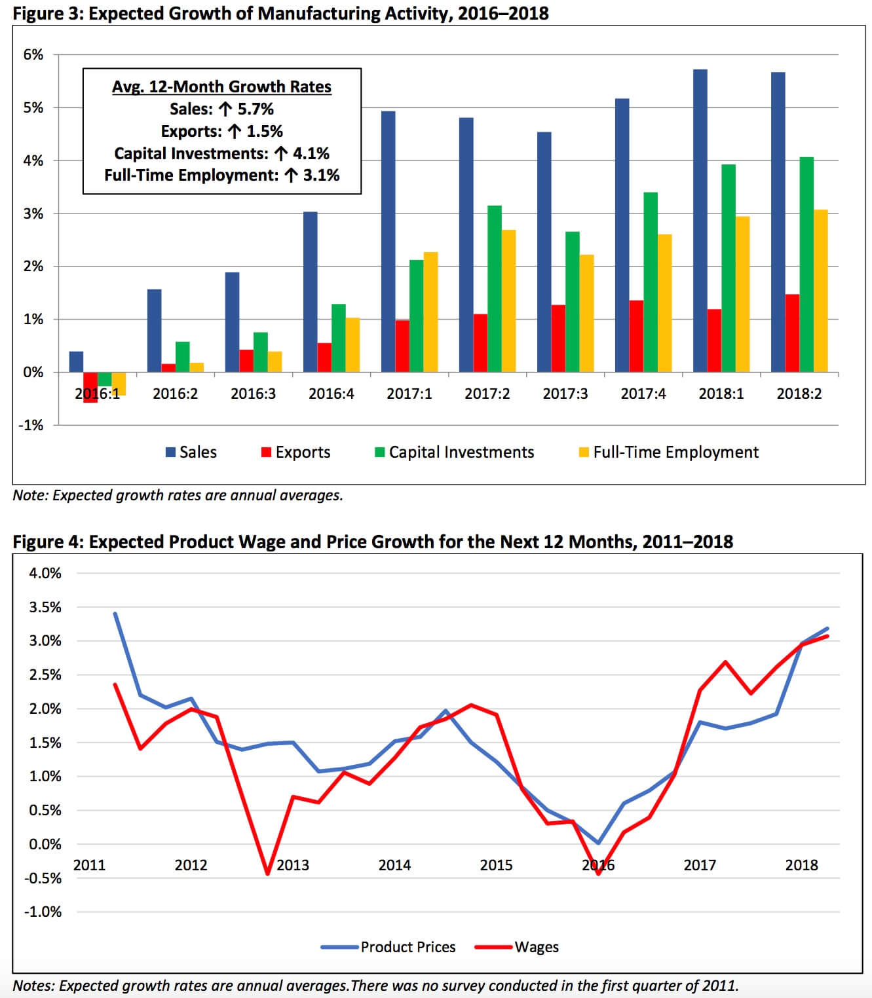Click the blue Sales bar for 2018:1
pyautogui.click(x=700, y=221)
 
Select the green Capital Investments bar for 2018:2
pyautogui.click(x=806, y=265)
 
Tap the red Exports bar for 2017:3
pyautogui.click(x=558, y=339)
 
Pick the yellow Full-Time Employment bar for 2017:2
pyautogui.click(x=508, y=301)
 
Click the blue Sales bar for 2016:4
pyautogui.click(x=310, y=292)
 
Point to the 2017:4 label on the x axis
pyautogui.click(x=643, y=394)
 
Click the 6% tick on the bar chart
pyautogui.click(x=33, y=54)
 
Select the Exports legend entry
pyautogui.click(x=295, y=452)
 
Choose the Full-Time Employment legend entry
pyautogui.click(x=668, y=452)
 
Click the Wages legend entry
pyautogui.click(x=517, y=948)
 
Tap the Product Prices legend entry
pyautogui.click(x=388, y=948)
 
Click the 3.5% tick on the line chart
pyautogui.click(x=45, y=607)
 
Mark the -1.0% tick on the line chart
pyautogui.click(x=43, y=912)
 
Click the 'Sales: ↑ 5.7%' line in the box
pyautogui.click(x=221, y=109)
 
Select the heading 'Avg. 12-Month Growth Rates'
pyautogui.click(x=221, y=86)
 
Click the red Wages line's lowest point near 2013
pyautogui.click(x=267, y=874)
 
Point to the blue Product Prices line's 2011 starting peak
pyautogui.click(x=115, y=614)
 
